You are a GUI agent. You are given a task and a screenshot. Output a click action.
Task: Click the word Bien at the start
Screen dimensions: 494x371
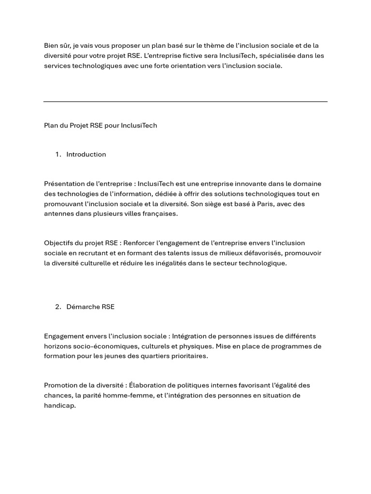point(51,45)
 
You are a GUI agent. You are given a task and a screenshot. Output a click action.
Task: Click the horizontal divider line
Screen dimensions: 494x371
point(185,101)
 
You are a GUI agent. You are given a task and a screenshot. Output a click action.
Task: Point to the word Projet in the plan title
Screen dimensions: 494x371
point(79,125)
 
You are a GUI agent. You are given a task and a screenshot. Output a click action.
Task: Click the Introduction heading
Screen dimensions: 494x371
point(86,154)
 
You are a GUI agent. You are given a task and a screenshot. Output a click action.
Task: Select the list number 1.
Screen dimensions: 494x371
point(57,154)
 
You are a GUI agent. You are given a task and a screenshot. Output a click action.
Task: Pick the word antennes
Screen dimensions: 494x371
point(59,214)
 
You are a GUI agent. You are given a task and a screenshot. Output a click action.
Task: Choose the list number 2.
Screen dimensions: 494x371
point(57,307)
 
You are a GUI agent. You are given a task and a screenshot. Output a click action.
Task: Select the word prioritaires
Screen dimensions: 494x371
point(186,356)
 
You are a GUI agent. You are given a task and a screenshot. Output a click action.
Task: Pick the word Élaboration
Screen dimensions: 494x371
point(148,385)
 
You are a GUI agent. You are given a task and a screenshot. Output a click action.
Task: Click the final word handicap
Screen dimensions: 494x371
point(59,405)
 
